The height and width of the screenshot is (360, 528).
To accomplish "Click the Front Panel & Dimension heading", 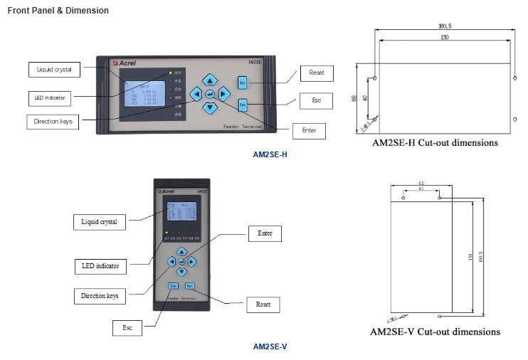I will coord(58,11).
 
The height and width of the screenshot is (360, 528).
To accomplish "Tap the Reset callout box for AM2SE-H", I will coord(316,73).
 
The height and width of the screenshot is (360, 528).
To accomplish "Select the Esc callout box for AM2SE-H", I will coord(316,100).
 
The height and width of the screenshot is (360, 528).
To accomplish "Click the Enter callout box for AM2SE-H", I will coord(309,131).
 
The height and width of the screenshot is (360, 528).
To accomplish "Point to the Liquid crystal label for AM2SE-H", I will coord(54,70).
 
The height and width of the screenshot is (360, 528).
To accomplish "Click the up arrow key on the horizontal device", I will coord(209,80).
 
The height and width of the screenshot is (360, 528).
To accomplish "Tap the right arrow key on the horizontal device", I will coord(223,93).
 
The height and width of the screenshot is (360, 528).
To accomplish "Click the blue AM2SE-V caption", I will coord(270,346).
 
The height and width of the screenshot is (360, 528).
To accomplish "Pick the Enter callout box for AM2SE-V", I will coord(265,233).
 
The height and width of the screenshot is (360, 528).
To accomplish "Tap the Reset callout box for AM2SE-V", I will coord(263,305).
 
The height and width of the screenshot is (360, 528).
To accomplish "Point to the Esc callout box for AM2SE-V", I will coord(127,328).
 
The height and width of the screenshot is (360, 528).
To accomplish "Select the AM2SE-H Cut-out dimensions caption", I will coord(435,142).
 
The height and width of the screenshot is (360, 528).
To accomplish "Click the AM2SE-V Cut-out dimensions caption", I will coord(435,332).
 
